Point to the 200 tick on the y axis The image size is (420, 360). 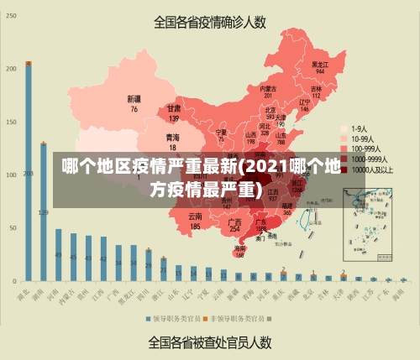(12, 68)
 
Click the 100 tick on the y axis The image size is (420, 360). (12, 175)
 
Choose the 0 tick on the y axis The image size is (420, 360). (14, 280)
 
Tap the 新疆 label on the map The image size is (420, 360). (134, 99)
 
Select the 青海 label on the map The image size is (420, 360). (172, 136)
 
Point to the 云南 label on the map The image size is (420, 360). (195, 216)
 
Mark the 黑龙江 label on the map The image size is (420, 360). (319, 64)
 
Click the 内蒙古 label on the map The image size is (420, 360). (267, 88)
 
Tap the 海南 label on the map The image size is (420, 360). (240, 248)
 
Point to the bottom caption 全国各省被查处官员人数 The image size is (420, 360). (209, 342)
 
